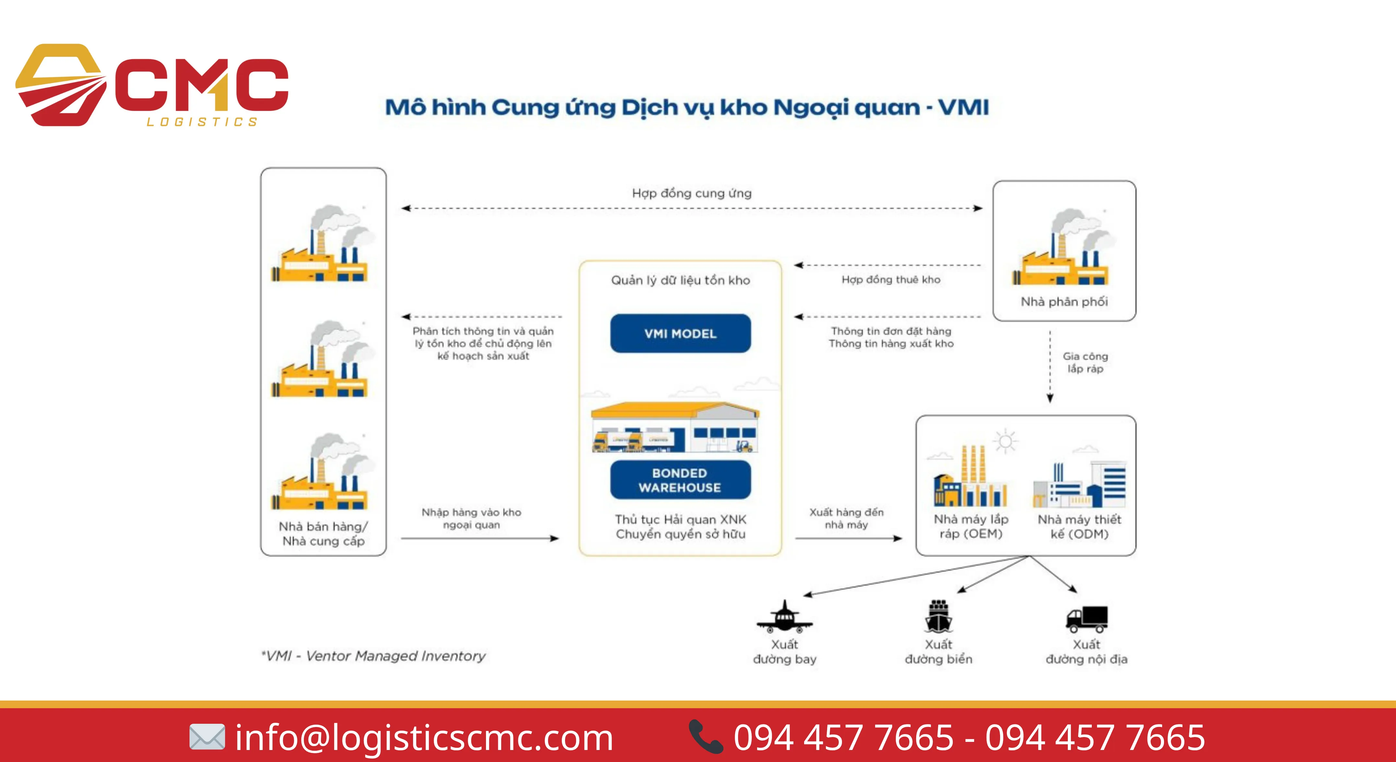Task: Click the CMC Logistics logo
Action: click(152, 86)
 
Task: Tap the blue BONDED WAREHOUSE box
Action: click(680, 480)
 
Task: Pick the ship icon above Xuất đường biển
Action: click(938, 617)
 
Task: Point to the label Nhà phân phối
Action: click(1064, 302)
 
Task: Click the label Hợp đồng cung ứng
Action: click(691, 193)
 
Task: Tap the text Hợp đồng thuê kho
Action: click(890, 279)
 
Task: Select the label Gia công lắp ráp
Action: click(1085, 362)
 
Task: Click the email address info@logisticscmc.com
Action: click(424, 738)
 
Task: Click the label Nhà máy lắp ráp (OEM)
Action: click(971, 526)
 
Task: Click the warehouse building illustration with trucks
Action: click(675, 427)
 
